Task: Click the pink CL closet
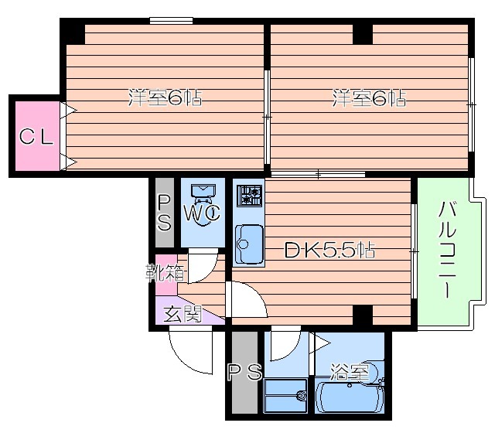pyautogui.click(x=38, y=136)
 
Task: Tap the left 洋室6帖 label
pyautogui.click(x=165, y=98)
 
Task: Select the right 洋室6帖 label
pyautogui.click(x=369, y=98)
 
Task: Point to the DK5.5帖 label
pyautogui.click(x=330, y=251)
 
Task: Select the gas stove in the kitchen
pyautogui.click(x=250, y=196)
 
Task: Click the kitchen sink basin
pyautogui.click(x=249, y=244)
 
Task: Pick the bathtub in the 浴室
pyautogui.click(x=350, y=397)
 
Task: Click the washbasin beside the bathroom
pyautogui.click(x=286, y=396)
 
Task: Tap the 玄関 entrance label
pyautogui.click(x=183, y=315)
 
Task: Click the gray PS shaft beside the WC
pyautogui.click(x=165, y=213)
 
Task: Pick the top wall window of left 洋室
pyautogui.click(x=171, y=21)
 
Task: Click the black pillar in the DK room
pyautogui.click(x=363, y=315)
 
